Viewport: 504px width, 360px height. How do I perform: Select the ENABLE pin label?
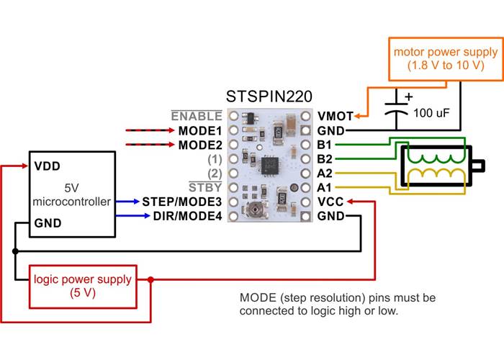tap(197, 116)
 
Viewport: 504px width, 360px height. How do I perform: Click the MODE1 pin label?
tap(199, 131)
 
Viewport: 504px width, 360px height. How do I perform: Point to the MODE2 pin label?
tap(199, 145)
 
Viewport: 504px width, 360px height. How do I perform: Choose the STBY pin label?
tap(205, 187)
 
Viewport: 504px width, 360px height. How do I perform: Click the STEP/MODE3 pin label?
tap(182, 201)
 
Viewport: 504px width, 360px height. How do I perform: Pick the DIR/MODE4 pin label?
tap(187, 215)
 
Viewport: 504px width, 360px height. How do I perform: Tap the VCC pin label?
tap(330, 201)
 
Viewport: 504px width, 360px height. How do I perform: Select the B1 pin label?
tap(325, 145)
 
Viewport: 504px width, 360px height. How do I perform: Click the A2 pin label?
tap(325, 173)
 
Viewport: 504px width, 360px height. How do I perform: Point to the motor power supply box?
tap(444, 58)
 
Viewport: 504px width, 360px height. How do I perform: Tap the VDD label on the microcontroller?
tap(47, 166)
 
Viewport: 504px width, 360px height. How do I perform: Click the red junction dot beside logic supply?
tap(150, 279)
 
